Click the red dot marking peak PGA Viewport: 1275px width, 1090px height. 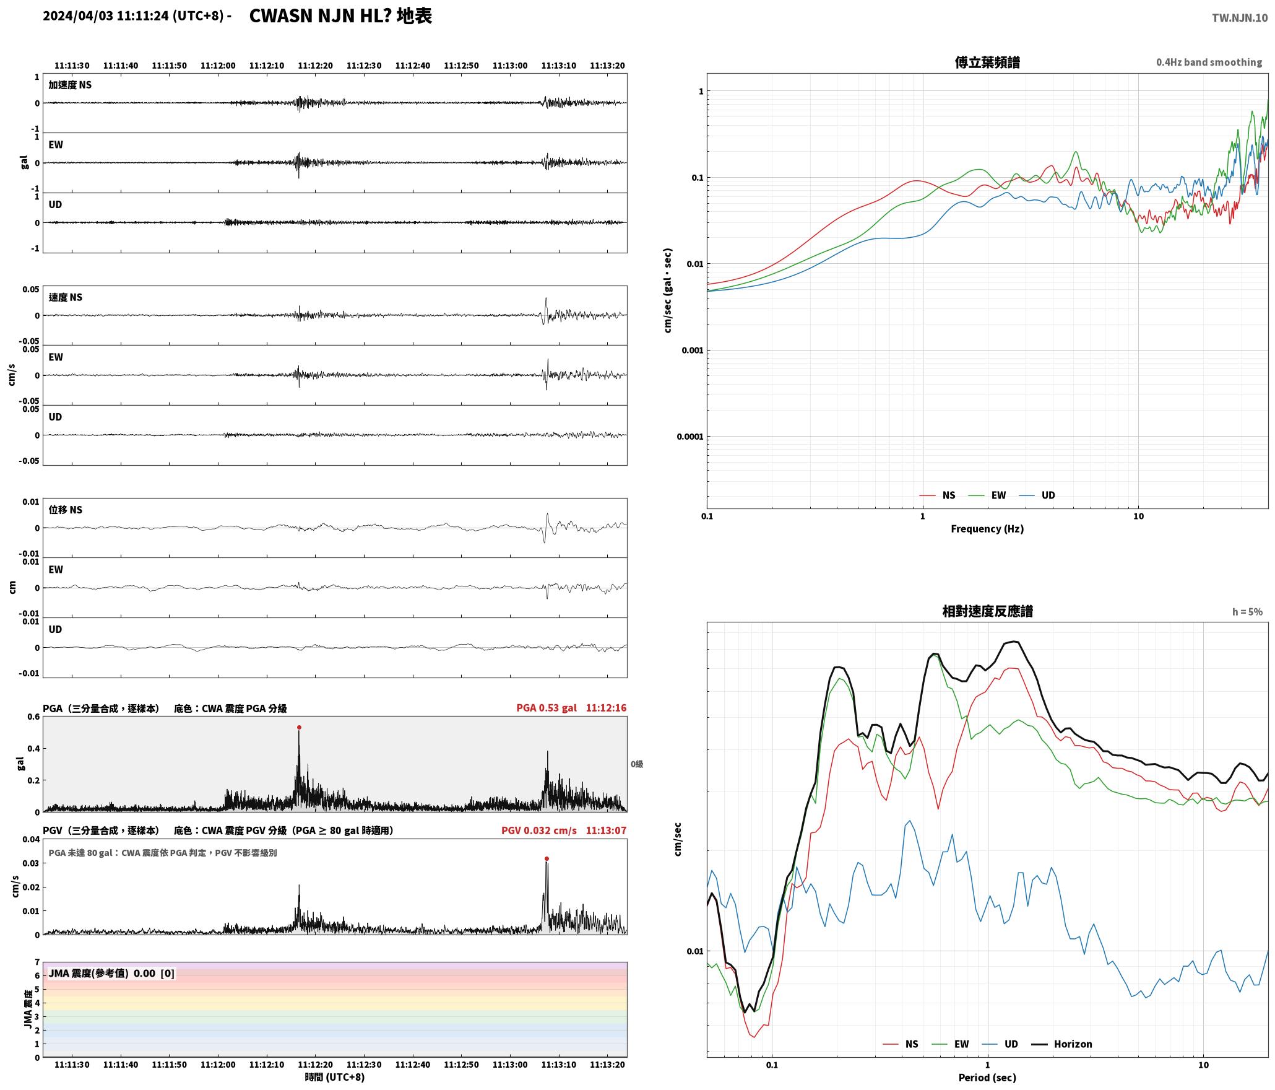pyautogui.click(x=299, y=728)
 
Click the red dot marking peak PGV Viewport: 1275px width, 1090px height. pyautogui.click(x=547, y=859)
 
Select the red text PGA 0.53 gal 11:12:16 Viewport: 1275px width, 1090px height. pyautogui.click(x=571, y=708)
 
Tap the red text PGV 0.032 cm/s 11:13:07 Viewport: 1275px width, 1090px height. pyautogui.click(x=564, y=831)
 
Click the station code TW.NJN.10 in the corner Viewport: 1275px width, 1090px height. pyautogui.click(x=1240, y=18)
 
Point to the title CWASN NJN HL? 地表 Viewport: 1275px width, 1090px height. pyautogui.click(x=340, y=16)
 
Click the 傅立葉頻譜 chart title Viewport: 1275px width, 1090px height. pyautogui.click(x=987, y=63)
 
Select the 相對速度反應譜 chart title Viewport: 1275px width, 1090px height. pyautogui.click(x=987, y=611)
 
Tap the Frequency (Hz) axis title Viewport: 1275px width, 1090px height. pyautogui.click(x=987, y=529)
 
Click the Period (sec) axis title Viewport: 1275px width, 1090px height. pyautogui.click(x=987, y=1078)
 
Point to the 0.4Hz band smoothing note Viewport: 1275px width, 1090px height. pyautogui.click(x=1209, y=62)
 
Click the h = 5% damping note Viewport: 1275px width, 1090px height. pyautogui.click(x=1247, y=612)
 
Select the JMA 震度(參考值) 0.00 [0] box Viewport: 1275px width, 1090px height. pyautogui.click(x=111, y=974)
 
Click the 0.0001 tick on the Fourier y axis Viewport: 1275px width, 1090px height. pyautogui.click(x=690, y=437)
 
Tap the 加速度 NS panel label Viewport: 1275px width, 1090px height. pyautogui.click(x=70, y=85)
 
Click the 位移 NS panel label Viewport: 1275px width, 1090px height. pyautogui.click(x=65, y=510)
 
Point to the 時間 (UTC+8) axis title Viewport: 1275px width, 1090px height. pyautogui.click(x=334, y=1077)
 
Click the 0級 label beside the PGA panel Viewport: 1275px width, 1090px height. pyautogui.click(x=637, y=764)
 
